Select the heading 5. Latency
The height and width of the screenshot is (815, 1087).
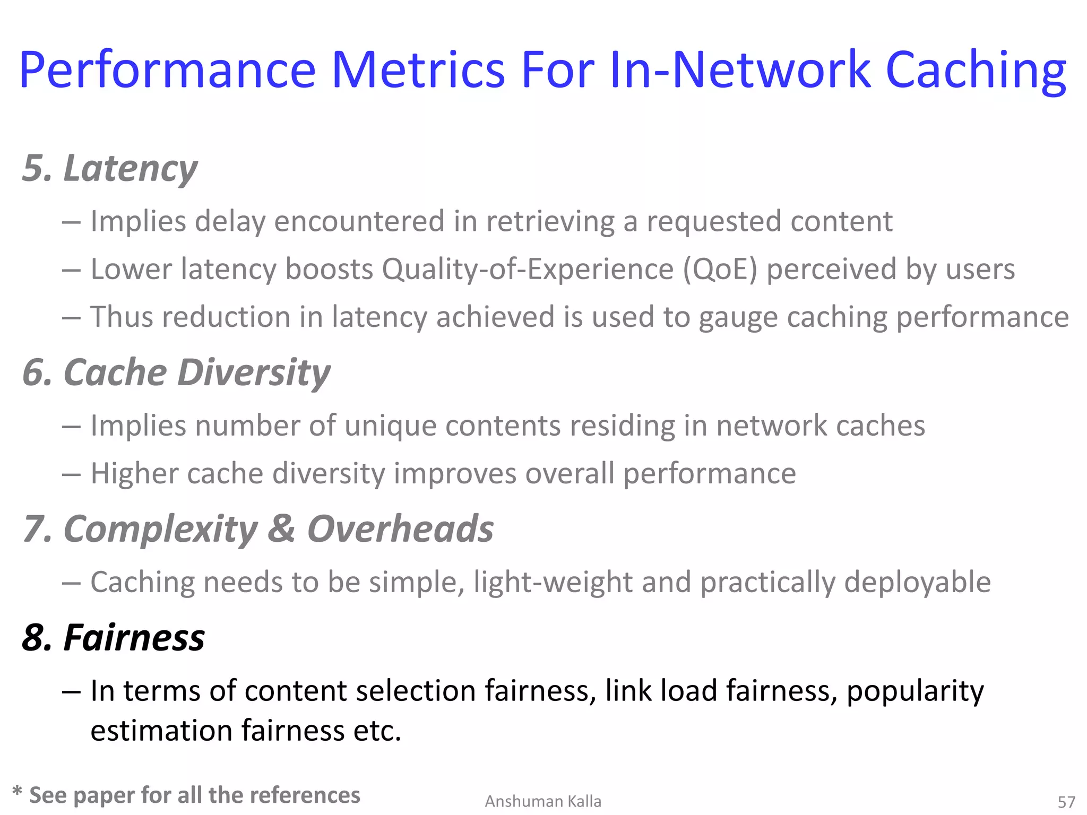(110, 169)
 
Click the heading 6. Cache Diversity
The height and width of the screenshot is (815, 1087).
(176, 372)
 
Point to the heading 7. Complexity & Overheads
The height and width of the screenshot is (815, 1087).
(258, 529)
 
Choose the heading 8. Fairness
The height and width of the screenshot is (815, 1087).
(114, 637)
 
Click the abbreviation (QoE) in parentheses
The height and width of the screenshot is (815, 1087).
(720, 269)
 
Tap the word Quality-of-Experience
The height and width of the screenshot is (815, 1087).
(528, 269)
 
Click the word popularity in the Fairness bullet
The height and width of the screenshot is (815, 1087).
(915, 691)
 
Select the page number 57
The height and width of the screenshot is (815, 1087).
(1066, 802)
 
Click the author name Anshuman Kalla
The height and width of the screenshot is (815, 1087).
(543, 801)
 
